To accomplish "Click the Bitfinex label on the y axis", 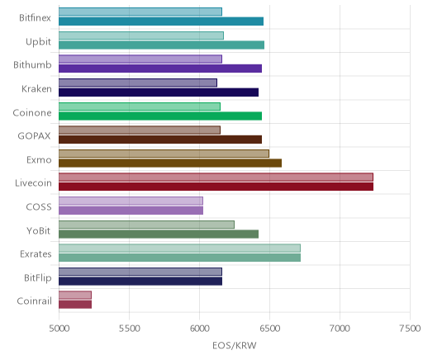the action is click(35, 18).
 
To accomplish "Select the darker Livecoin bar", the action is click(216, 187).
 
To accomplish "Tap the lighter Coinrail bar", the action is click(75, 295).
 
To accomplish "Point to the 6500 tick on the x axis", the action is click(269, 329).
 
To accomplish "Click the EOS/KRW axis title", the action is click(235, 345).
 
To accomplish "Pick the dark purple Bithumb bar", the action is click(160, 69).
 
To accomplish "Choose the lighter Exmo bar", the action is click(164, 154).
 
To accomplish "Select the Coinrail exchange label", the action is click(34, 301).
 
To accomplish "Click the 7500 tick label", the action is click(410, 329).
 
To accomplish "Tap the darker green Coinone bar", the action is click(160, 116).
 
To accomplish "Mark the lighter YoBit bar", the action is click(146, 225).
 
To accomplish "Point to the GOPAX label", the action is click(35, 136).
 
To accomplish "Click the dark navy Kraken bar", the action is click(159, 92).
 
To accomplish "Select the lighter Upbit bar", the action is click(141, 36).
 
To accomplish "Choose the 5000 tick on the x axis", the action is click(59, 329).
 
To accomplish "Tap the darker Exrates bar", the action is click(179, 258).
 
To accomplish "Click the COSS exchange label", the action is click(39, 206).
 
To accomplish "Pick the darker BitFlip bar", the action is click(140, 281).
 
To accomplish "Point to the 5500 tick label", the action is click(129, 329).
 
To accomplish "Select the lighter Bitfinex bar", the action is click(140, 12).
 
